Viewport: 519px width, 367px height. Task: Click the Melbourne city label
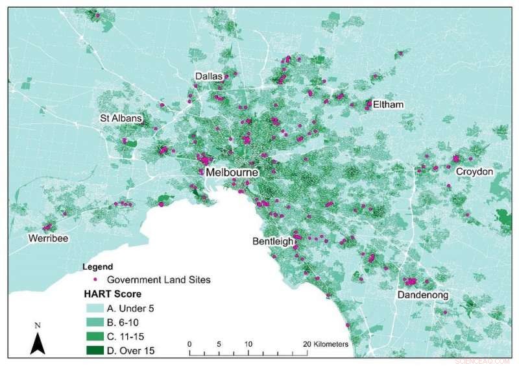232,173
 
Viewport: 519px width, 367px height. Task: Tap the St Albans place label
121,119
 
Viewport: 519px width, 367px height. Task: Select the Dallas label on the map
209,77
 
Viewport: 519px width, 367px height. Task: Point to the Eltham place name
389,105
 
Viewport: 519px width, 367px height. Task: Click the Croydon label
474,171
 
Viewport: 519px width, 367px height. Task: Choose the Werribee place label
49,238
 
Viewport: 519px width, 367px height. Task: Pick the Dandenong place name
423,296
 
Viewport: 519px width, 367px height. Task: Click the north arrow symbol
38,342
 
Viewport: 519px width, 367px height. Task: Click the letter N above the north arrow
38,324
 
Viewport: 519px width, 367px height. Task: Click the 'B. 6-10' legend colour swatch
95,322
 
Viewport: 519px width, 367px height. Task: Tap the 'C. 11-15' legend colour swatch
95,336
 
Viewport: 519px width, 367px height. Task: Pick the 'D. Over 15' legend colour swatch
95,351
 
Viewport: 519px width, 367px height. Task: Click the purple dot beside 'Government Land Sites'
95,279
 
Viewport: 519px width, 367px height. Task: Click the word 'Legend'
98,266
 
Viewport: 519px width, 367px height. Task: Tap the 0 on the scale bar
189,344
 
